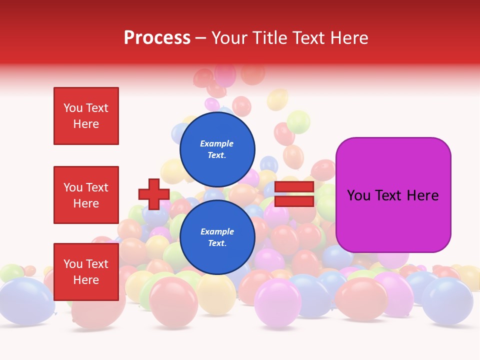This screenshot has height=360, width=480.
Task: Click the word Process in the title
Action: [x=157, y=38]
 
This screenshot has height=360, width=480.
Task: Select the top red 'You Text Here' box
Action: [x=86, y=116]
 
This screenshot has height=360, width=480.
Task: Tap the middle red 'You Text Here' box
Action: [x=86, y=195]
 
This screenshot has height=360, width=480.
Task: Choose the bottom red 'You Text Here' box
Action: [x=86, y=271]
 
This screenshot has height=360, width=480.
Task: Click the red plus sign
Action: [x=153, y=194]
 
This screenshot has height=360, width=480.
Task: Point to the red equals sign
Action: [x=294, y=194]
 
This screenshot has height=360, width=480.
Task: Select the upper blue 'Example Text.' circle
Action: [x=217, y=149]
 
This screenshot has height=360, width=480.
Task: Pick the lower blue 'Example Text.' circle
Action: [x=217, y=237]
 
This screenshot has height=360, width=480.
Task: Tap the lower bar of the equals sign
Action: [x=294, y=201]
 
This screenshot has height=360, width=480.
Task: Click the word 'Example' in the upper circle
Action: [x=217, y=143]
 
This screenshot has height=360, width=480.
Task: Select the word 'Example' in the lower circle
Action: [x=217, y=231]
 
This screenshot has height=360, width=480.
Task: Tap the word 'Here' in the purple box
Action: [x=423, y=195]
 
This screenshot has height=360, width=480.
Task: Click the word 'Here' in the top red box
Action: [x=86, y=124]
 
